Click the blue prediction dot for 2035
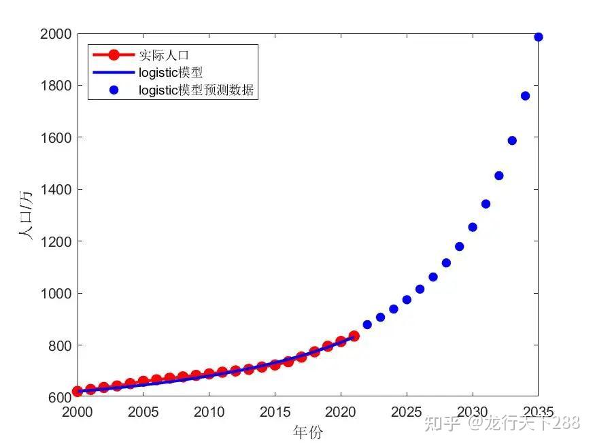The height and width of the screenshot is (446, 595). point(538,37)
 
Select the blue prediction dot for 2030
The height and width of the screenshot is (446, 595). point(473,227)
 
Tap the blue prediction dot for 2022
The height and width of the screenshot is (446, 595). point(367,324)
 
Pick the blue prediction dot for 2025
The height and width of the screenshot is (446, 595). point(407,300)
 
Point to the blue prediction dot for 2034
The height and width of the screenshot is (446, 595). point(525,96)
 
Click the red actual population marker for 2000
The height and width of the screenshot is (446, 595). point(78,392)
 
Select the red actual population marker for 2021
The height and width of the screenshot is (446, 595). point(354,336)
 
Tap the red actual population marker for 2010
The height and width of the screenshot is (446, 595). point(209,374)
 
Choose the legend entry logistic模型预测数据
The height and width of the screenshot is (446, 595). point(196,90)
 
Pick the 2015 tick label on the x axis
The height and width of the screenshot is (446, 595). point(275,412)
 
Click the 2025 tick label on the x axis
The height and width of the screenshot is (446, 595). point(407,412)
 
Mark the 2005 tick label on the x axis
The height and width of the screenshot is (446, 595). point(143,412)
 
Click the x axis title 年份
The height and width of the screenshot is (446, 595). point(307,432)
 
